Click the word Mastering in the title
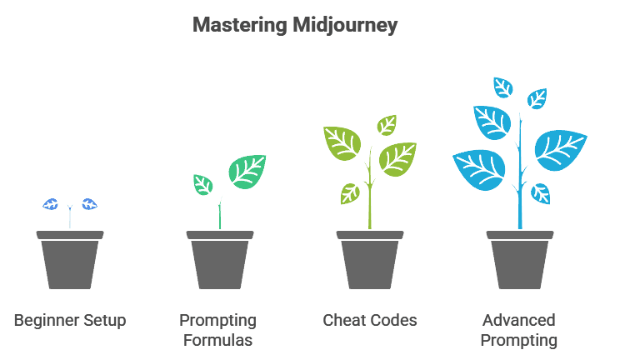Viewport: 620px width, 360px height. pyautogui.click(x=240, y=26)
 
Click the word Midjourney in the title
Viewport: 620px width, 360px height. pyautogui.click(x=345, y=26)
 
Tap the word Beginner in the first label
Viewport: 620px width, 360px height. pyautogui.click(x=44, y=321)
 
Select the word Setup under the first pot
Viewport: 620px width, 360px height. pyautogui.click(x=102, y=321)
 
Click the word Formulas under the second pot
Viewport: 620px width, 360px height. pyautogui.click(x=217, y=340)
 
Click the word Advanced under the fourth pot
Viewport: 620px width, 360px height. pyautogui.click(x=519, y=321)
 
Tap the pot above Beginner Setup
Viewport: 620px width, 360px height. pyautogui.click(x=70, y=260)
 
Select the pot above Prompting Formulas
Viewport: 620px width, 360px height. pyautogui.click(x=220, y=260)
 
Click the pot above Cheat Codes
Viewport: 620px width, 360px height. pyautogui.click(x=370, y=260)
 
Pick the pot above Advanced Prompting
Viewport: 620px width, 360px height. pyautogui.click(x=519, y=260)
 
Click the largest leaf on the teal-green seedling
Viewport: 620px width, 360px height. pyautogui.click(x=247, y=172)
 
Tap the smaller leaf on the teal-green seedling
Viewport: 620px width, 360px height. pyautogui.click(x=202, y=185)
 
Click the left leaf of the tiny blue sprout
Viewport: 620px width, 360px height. pyautogui.click(x=51, y=204)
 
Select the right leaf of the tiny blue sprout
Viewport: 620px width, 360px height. pyautogui.click(x=89, y=204)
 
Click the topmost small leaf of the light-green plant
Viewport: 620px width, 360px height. pyautogui.click(x=387, y=125)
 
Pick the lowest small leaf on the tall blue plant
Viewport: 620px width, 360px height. pyautogui.click(x=541, y=193)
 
